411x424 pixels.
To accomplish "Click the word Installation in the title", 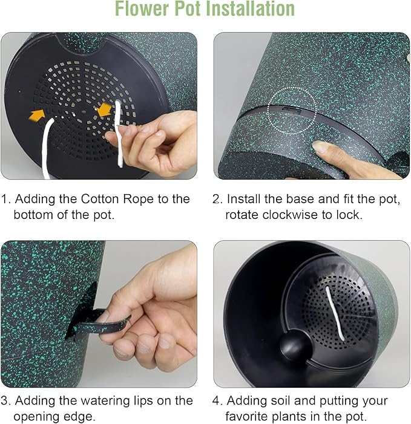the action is [250, 8].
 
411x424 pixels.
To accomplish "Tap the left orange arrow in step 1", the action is [37, 115].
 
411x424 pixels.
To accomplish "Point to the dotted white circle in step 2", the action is [292, 111].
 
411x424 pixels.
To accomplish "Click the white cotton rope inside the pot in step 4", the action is [335, 313].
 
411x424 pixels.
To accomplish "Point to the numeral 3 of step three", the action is [4, 400].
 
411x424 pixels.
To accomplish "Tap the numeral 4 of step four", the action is [216, 400].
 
